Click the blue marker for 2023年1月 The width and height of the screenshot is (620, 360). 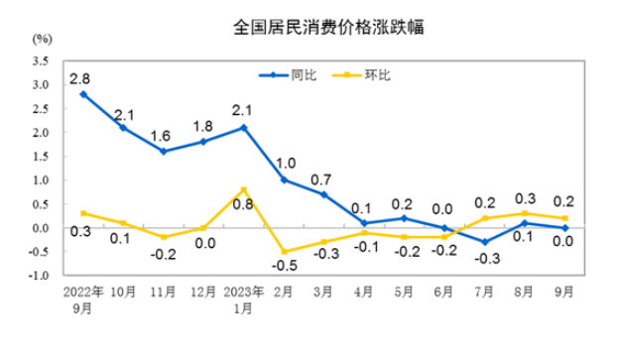244,127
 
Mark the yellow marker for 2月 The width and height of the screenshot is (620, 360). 284,252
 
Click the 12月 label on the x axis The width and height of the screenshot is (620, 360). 202,295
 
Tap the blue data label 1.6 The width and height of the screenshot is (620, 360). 163,135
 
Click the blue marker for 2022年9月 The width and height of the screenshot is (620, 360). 83,94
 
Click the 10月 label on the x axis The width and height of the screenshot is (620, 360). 122,295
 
